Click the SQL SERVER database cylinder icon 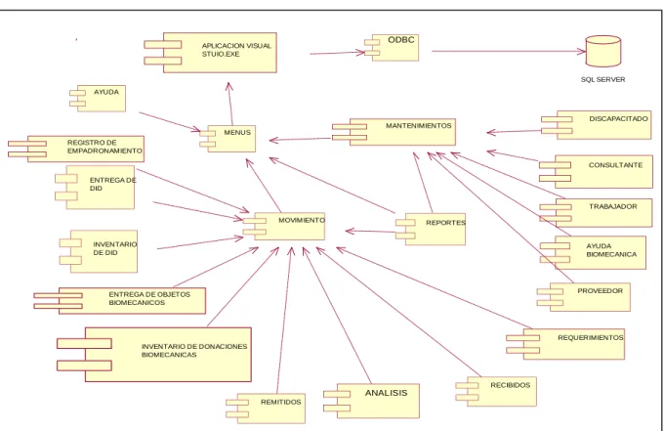603,51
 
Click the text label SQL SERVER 603,80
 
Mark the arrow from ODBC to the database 509,51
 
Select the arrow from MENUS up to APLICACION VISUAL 230,104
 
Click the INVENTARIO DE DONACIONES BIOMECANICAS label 194,351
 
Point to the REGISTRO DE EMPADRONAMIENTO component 76,149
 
